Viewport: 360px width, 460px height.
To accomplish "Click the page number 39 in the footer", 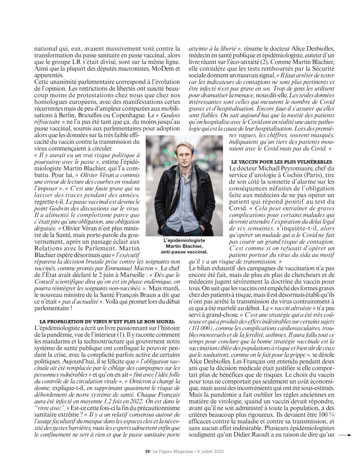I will (x=147, y=452).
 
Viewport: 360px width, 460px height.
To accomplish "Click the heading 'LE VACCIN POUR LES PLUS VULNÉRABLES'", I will (x=281, y=162).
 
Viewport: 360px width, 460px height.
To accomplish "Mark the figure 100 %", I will (x=327, y=415).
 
